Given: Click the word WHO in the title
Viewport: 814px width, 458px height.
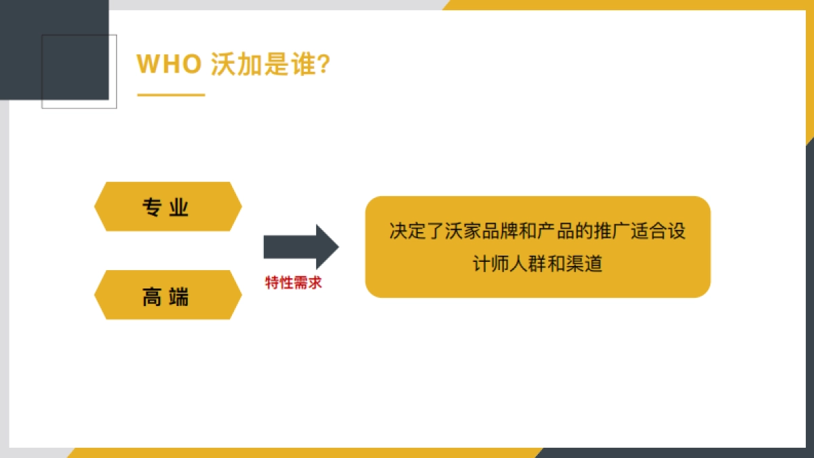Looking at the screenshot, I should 169,64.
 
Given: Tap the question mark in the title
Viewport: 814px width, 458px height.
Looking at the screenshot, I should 324,64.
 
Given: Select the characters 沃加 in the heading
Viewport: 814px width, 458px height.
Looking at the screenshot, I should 235,64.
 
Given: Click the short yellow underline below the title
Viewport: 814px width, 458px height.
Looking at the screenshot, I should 171,95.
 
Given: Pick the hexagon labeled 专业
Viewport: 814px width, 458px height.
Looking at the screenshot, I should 168,206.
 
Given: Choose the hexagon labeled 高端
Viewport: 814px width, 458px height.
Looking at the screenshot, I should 168,295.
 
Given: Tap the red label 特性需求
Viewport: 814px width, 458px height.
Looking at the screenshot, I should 293,283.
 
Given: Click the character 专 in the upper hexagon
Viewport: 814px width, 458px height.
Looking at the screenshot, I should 152,207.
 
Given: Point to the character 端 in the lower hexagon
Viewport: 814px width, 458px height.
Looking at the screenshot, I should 180,297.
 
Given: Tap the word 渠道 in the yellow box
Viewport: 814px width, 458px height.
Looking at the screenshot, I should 586,263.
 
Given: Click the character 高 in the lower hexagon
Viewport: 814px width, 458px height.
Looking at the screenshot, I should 152,297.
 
